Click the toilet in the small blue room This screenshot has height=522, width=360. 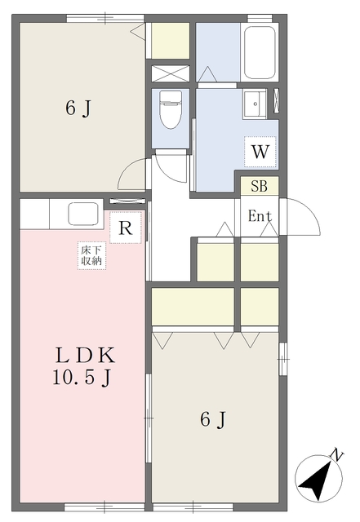click(x=171, y=109)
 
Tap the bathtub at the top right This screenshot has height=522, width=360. click(x=260, y=52)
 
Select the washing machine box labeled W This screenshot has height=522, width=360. click(x=260, y=152)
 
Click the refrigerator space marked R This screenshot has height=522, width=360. click(x=126, y=228)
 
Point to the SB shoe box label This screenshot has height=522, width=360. click(x=260, y=187)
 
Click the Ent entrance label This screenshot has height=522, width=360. click(x=260, y=216)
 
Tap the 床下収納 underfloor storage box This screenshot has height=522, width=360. click(x=91, y=255)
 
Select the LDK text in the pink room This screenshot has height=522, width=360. click(x=86, y=356)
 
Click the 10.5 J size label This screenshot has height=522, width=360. click(x=82, y=378)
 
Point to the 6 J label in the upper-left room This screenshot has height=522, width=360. click(x=78, y=108)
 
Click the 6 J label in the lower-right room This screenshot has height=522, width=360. click(x=213, y=419)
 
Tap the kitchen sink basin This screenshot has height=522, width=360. click(x=83, y=214)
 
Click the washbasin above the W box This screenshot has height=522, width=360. click(x=255, y=104)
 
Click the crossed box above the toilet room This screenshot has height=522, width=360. click(x=171, y=73)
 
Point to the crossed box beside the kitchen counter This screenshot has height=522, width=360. click(x=127, y=201)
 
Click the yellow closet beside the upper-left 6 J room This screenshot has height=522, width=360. click(x=171, y=41)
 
